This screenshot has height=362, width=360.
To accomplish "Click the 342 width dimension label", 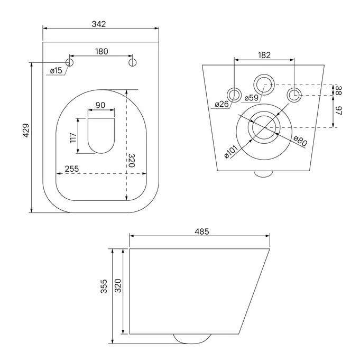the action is [99, 24].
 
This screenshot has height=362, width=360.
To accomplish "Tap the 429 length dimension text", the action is [26, 131].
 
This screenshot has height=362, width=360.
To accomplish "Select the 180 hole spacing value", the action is [101, 51].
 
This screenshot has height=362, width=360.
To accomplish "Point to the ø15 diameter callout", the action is [56, 70].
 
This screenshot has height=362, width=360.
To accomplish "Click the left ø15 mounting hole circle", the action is [69, 62].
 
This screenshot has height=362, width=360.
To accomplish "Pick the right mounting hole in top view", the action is [133, 62].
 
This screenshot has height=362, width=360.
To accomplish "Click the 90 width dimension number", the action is [100, 105].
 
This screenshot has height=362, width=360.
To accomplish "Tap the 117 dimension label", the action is [73, 137].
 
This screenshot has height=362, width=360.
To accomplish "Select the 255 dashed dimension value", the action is [71, 169].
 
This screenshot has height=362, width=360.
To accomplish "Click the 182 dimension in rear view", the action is [264, 55].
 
